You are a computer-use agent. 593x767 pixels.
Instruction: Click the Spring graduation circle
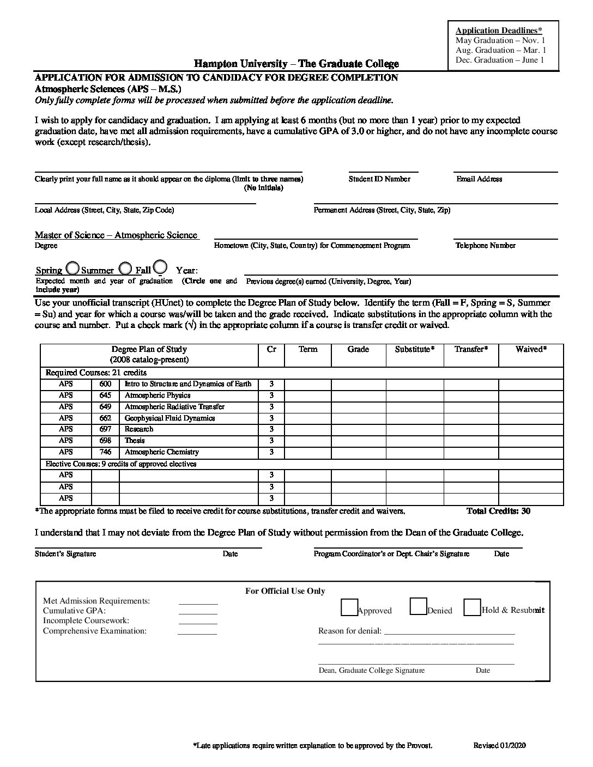[x=72, y=269]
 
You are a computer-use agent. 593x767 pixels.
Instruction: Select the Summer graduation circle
[x=125, y=269]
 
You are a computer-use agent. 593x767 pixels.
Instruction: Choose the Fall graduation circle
[x=160, y=267]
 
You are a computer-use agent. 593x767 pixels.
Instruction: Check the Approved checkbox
[x=349, y=607]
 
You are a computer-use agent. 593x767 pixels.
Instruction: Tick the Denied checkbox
[x=418, y=606]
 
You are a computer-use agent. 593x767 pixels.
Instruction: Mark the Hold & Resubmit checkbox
[x=472, y=607]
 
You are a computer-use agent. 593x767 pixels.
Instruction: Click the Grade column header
[x=358, y=349]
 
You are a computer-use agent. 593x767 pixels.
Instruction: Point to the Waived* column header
[x=531, y=349]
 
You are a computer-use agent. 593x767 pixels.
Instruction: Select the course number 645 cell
[x=105, y=395]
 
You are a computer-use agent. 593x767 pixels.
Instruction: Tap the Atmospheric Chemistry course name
[x=162, y=452]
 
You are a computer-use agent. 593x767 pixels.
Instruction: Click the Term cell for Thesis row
[x=307, y=441]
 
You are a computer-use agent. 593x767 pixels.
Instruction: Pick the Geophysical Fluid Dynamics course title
[x=170, y=418]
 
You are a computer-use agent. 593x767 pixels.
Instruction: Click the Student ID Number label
[x=379, y=179]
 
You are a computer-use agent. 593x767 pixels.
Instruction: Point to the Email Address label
[x=479, y=179]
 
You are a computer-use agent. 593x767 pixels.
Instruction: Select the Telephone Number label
[x=485, y=246]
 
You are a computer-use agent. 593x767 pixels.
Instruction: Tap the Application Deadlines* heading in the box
[x=499, y=31]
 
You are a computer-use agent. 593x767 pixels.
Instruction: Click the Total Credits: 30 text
[x=498, y=511]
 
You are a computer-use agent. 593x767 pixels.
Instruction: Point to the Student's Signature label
[x=65, y=554]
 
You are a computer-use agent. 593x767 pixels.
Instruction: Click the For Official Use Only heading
[x=285, y=591]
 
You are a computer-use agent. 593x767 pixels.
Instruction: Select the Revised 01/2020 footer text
[x=499, y=746]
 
